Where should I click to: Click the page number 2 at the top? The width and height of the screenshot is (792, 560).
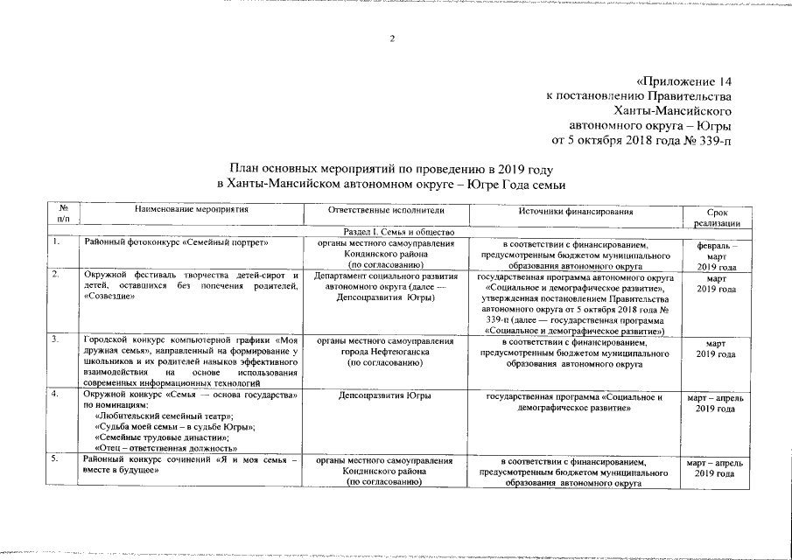click(393, 38)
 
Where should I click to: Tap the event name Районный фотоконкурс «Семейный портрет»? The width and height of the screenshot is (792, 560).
click(176, 242)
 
